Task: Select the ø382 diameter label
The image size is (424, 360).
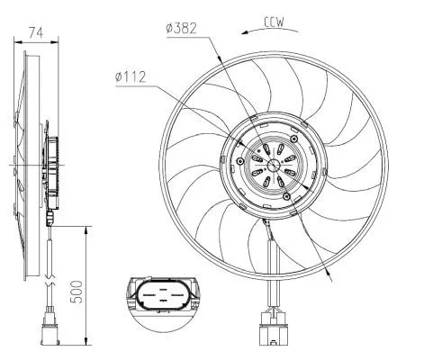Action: point(183,28)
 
